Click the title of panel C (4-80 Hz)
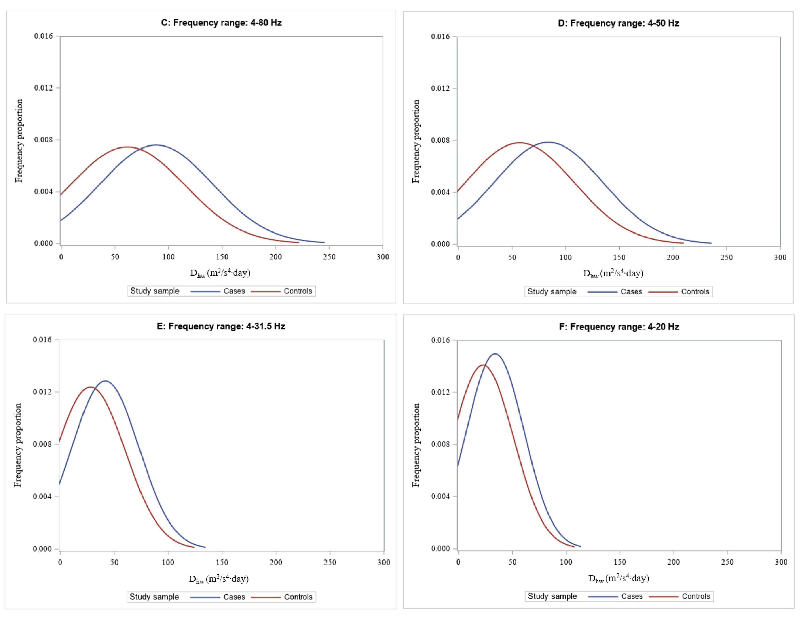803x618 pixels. click(221, 23)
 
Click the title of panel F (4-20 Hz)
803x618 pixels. click(619, 327)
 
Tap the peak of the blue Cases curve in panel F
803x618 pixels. click(495, 354)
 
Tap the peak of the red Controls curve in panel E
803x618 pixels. click(90, 387)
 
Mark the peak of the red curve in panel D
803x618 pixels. click(519, 143)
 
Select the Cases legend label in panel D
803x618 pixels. click(631, 292)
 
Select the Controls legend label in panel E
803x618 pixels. click(298, 597)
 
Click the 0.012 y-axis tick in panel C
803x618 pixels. click(43, 88)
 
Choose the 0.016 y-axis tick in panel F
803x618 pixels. click(440, 340)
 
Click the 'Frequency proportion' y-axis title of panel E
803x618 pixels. click(18, 445)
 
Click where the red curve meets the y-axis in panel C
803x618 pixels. click(61, 195)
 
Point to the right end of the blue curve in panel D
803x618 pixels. click(711, 243)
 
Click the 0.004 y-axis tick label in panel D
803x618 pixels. click(440, 192)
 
